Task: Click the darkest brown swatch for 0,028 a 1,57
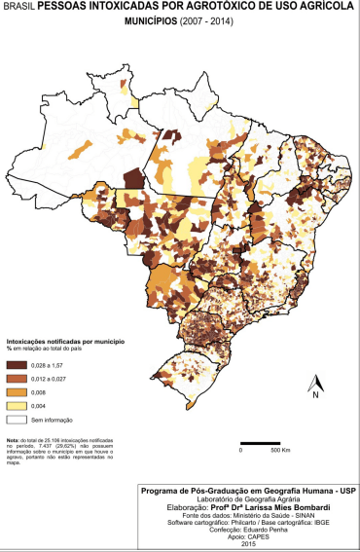point(17,363)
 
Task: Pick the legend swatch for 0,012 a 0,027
point(17,378)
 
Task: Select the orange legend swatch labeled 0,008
point(17,391)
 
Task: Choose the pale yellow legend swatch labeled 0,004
point(17,405)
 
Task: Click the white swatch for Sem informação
point(17,420)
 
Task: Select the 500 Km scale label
point(281,453)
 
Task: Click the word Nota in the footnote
point(13,441)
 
